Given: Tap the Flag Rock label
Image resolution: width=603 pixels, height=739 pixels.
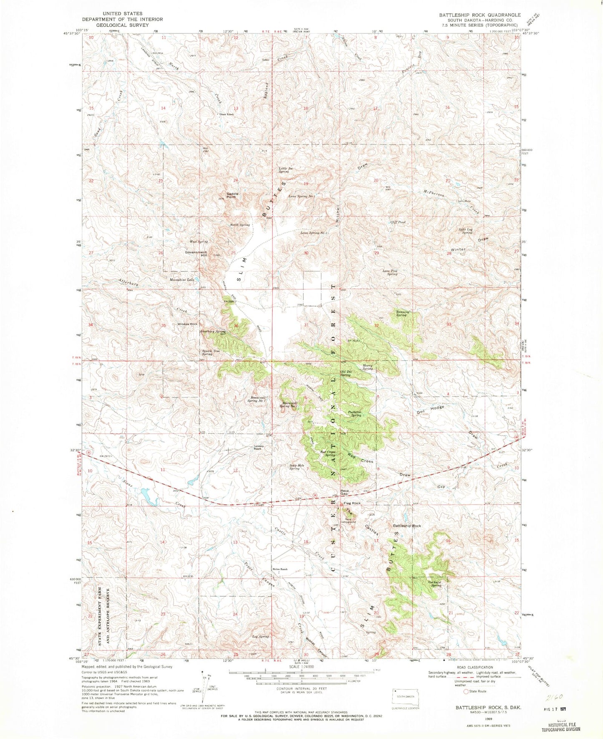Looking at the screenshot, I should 352,503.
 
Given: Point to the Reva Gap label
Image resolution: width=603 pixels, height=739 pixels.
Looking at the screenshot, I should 344,492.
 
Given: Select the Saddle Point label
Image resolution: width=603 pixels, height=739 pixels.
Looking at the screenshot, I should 232,195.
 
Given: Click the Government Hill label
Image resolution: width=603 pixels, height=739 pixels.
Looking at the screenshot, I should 196,254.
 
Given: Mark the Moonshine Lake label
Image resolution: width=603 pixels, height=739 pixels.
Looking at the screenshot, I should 182,279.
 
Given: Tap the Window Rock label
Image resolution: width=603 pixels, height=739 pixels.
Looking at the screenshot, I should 187,324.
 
